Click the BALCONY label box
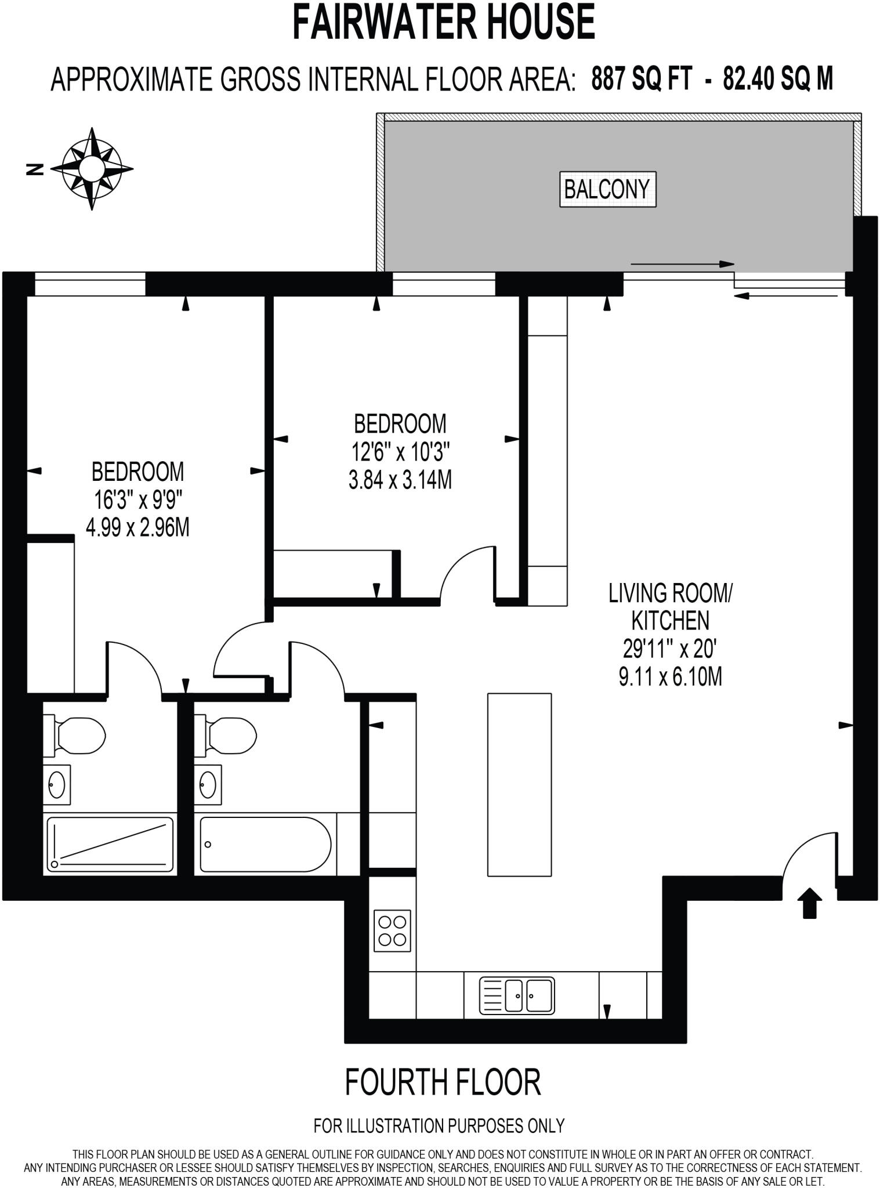(607, 189)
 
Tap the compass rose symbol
(92, 169)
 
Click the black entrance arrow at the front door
(809, 903)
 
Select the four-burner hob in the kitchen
(392, 930)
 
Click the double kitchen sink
(517, 995)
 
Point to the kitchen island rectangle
(519, 785)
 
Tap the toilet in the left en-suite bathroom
(75, 736)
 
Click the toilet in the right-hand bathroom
(227, 736)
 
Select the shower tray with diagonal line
(110, 843)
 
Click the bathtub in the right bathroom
(265, 844)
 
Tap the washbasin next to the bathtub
(207, 785)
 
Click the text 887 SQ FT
(642, 78)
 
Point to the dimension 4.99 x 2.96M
(137, 528)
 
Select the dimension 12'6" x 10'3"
(400, 451)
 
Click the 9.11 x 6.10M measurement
(670, 677)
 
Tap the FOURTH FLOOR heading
(443, 1082)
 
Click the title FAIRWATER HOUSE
(443, 22)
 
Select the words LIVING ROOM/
(670, 593)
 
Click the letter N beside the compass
(36, 169)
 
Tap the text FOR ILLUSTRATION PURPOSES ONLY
(439, 1126)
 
